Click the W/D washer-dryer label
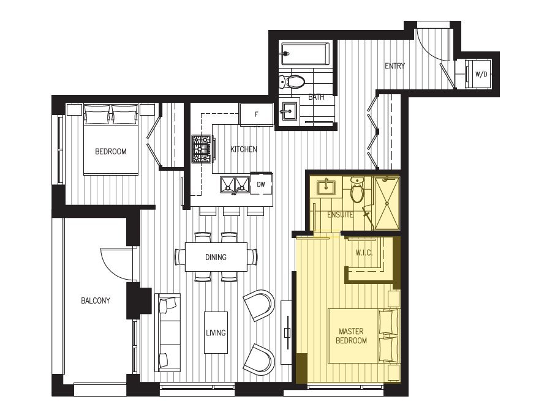click(481, 74)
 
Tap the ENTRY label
click(395, 66)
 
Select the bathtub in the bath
click(305, 54)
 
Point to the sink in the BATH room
click(289, 111)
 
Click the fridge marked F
click(257, 114)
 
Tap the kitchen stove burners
click(202, 149)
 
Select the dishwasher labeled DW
click(262, 184)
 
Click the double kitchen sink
click(235, 185)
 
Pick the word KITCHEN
click(243, 149)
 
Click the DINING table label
click(216, 257)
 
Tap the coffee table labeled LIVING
click(216, 332)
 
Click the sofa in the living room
click(167, 332)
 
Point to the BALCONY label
click(96, 301)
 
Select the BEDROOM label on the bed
click(110, 152)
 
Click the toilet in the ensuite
click(358, 190)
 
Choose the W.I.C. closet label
click(364, 253)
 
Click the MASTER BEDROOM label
click(351, 336)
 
